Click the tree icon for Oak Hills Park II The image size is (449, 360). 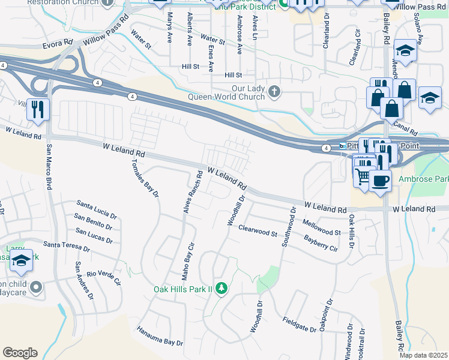pyautogui.click(x=221, y=289)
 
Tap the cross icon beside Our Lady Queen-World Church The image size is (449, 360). pyautogui.click(x=274, y=92)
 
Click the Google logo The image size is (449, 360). pyautogui.click(x=20, y=353)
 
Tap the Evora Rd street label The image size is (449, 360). pyautogui.click(x=58, y=44)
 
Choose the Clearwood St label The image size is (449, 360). pyautogui.click(x=258, y=230)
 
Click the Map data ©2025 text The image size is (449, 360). pyautogui.click(x=423, y=355)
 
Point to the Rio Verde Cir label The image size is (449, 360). pyautogui.click(x=104, y=278)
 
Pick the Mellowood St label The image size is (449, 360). pyautogui.click(x=322, y=227)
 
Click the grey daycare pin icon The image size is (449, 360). pyautogui.click(x=36, y=288)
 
